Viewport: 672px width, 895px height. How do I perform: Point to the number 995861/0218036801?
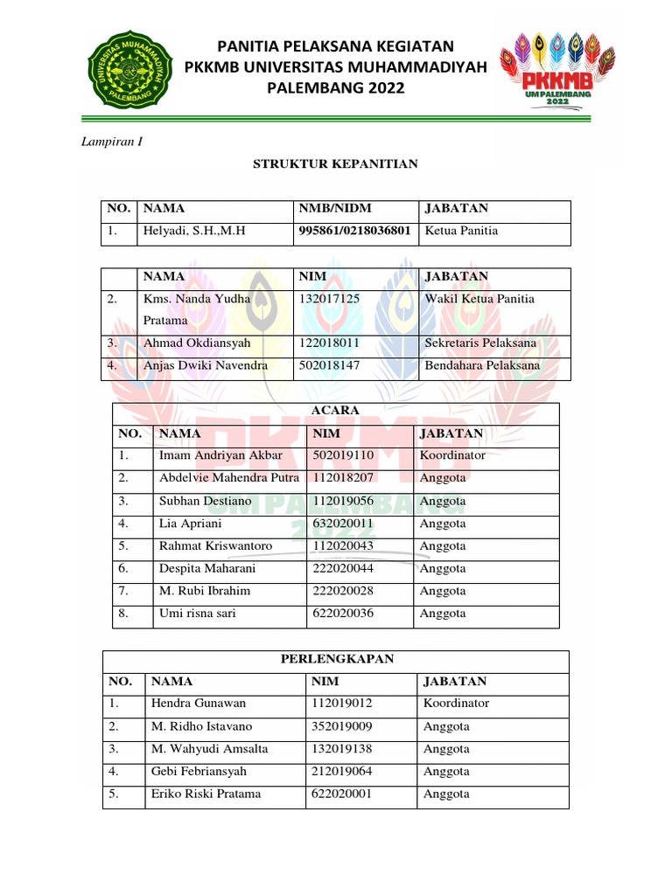point(355,231)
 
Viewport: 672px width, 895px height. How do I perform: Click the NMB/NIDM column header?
point(335,208)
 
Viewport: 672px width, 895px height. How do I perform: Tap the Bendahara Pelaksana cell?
point(482,365)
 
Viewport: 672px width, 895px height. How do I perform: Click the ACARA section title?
point(336,411)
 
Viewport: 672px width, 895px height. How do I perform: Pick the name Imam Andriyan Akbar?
point(220,455)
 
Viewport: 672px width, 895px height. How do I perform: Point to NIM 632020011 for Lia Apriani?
point(343,524)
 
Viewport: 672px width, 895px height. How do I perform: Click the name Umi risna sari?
point(198,614)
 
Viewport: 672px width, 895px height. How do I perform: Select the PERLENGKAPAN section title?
point(336,659)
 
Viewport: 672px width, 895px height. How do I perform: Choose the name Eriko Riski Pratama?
point(206,794)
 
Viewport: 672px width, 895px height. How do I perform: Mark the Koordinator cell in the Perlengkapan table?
point(456,703)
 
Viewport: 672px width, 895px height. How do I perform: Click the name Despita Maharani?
point(207,568)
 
